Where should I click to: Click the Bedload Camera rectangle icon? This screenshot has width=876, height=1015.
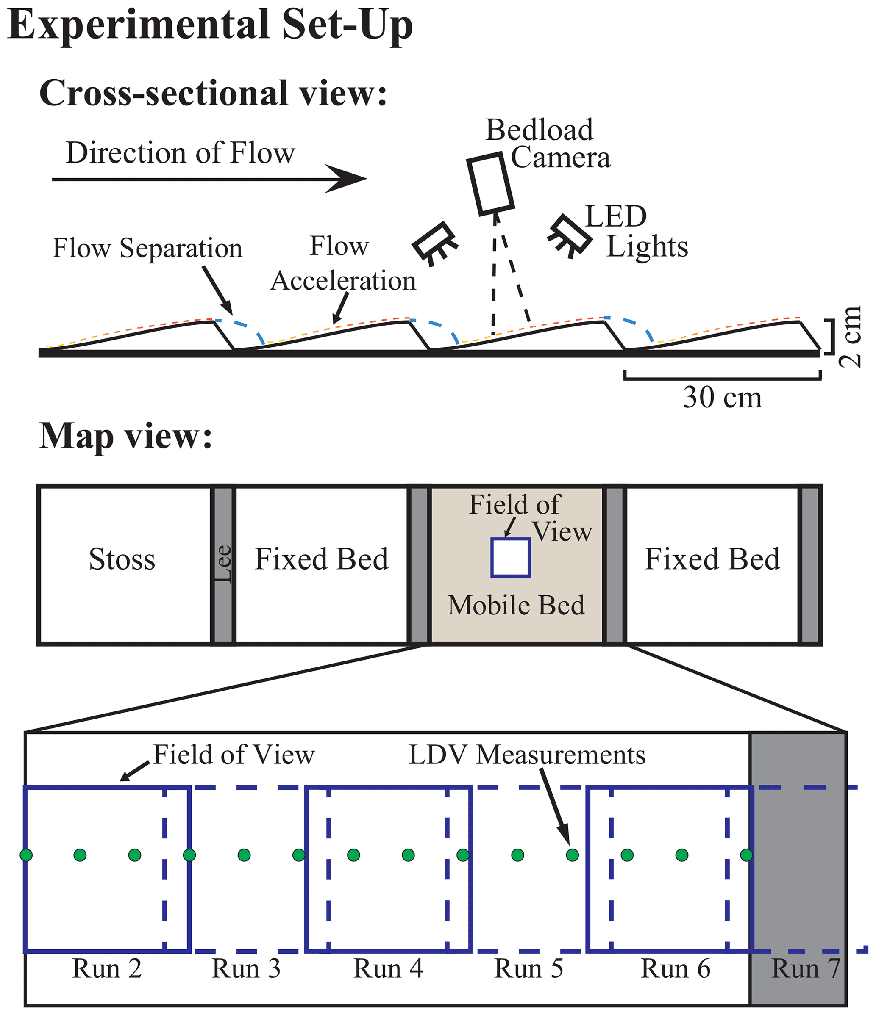(x=490, y=184)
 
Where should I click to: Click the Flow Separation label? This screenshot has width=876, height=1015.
(x=147, y=249)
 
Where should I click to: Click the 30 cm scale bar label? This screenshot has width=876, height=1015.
(x=722, y=397)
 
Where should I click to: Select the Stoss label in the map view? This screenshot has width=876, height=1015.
(x=122, y=559)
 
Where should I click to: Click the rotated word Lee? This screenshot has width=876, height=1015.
(x=223, y=563)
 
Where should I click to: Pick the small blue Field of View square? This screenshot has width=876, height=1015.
(x=510, y=557)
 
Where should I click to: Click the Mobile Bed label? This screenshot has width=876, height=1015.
(x=516, y=605)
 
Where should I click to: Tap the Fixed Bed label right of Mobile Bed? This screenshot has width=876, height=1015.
(x=712, y=559)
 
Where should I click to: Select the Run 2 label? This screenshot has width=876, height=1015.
(x=107, y=968)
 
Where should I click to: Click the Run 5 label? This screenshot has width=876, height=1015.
(x=528, y=968)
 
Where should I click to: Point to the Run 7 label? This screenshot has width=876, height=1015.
(x=805, y=968)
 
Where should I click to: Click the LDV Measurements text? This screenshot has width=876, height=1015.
(x=527, y=755)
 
